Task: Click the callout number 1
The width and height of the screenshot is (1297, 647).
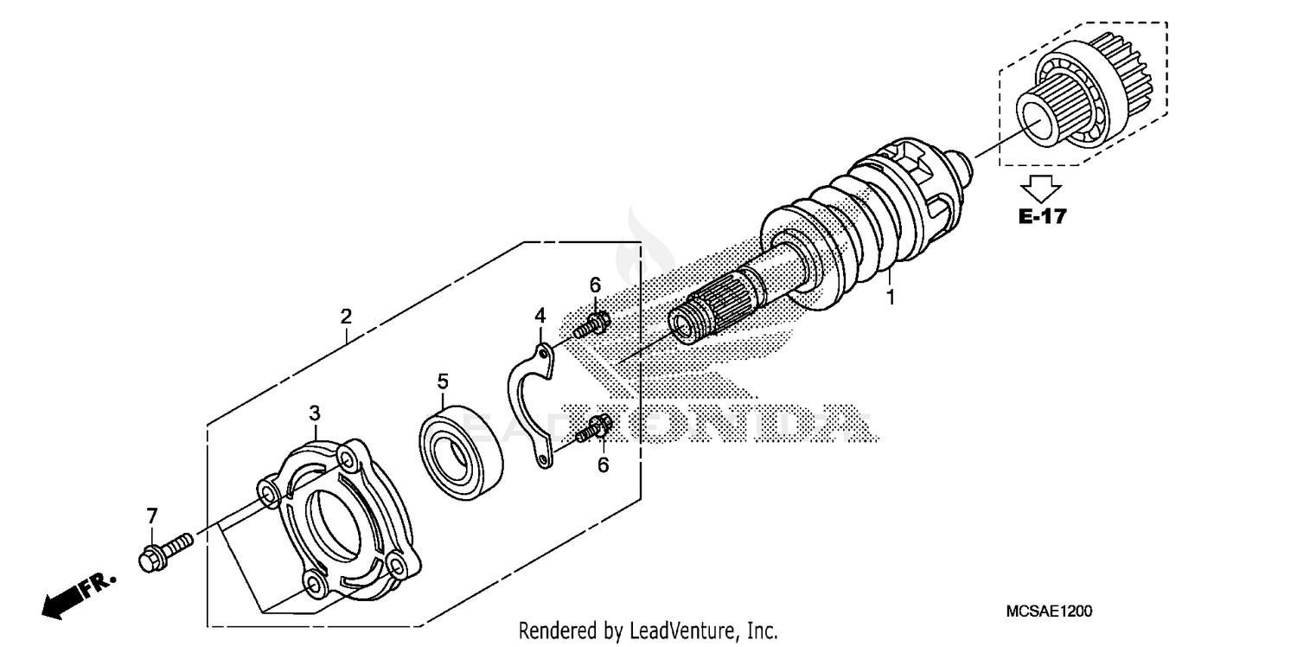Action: pos(888,298)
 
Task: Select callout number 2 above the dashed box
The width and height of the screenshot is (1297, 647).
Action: pos(346,317)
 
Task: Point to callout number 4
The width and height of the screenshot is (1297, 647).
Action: pos(540,315)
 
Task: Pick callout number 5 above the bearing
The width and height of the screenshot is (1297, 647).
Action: pos(443,380)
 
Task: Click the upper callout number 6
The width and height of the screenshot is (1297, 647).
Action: pos(595,285)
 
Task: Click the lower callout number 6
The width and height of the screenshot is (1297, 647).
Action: pos(603,464)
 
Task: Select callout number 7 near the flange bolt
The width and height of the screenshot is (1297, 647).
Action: pos(152,516)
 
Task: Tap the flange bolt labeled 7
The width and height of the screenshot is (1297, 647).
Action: pos(163,552)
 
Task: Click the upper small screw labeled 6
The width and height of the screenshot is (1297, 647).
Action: pos(591,326)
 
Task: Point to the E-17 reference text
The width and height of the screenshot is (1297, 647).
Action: pos(1042,216)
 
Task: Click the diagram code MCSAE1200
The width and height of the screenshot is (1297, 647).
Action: pos(1049,612)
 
